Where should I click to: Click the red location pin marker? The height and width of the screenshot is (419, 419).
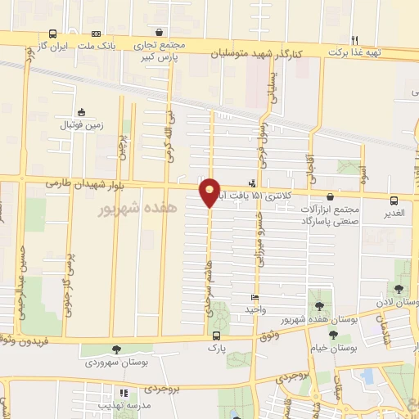click(210, 191)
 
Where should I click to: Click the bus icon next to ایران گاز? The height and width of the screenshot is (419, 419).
click(53, 34)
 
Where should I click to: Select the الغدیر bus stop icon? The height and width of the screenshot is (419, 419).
click(394, 200)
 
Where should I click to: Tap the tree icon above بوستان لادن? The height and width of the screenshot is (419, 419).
click(399, 289)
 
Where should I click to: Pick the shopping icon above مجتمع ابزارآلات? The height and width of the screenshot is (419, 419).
click(329, 197)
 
